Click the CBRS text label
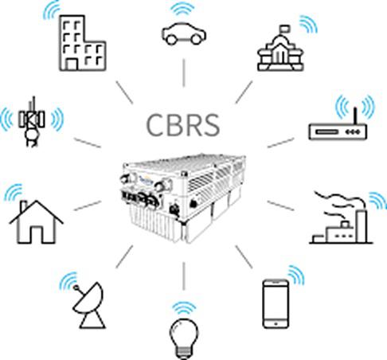183,125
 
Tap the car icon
184,33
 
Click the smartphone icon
276,303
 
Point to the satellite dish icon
89,306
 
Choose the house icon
36,222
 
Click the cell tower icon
32,122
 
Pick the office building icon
82,43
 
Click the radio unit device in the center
184,198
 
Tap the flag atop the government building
285,28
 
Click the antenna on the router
355,116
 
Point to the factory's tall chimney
361,226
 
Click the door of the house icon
36,234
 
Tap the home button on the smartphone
276,324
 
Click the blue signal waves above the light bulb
184,309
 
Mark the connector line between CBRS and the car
184,72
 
